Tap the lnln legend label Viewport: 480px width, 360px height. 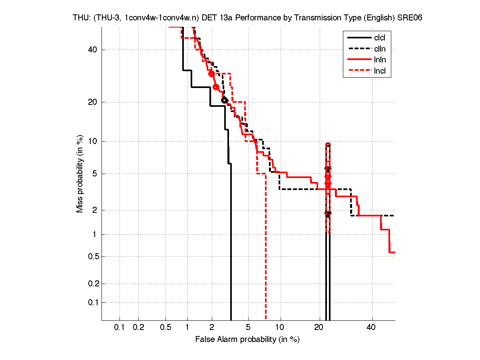click(x=380, y=60)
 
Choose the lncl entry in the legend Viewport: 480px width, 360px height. click(x=380, y=71)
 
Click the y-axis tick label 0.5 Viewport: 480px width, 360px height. click(x=92, y=256)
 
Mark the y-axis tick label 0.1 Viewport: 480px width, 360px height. click(x=92, y=302)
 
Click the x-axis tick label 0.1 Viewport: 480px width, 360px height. click(x=120, y=328)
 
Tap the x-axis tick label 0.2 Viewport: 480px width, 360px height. click(x=138, y=328)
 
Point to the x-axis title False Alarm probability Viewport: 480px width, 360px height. click(x=247, y=340)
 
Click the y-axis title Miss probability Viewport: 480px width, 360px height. click(x=80, y=174)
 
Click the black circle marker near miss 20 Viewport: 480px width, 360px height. click(x=225, y=100)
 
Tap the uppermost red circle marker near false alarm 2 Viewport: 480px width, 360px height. click(x=212, y=74)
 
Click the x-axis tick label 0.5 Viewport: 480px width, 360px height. click(x=165, y=328)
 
